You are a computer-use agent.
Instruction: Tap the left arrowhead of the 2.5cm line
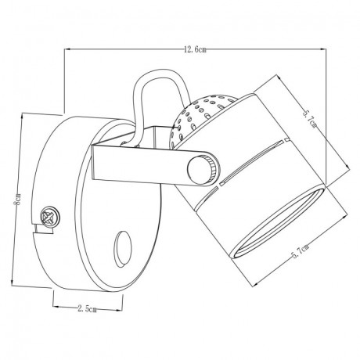click(x=52, y=310)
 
